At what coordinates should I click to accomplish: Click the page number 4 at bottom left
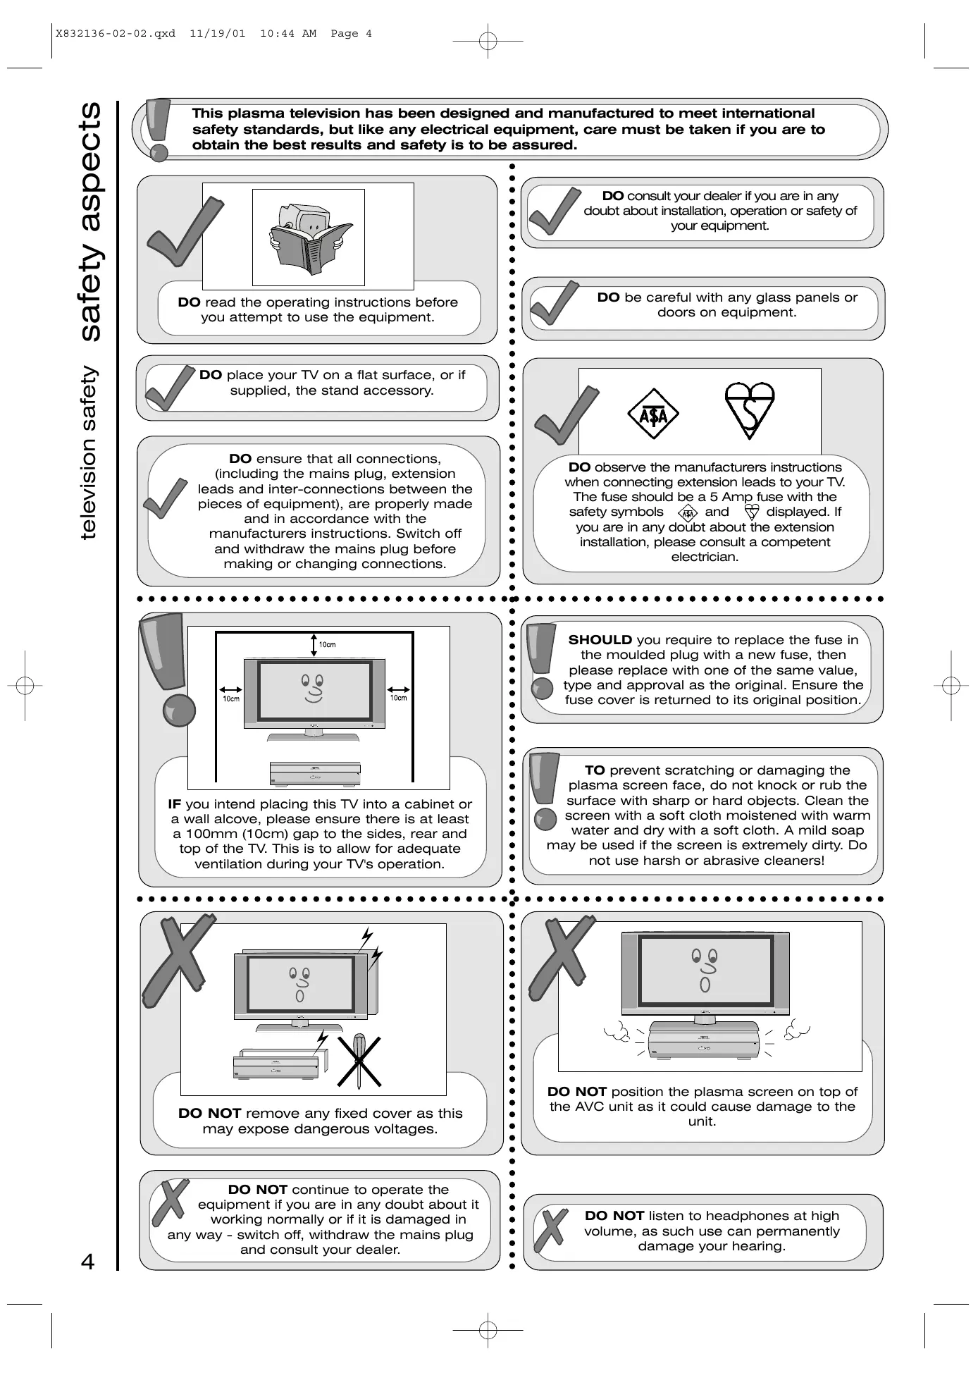pyautogui.click(x=87, y=1261)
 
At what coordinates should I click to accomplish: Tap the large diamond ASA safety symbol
pyautogui.click(x=652, y=414)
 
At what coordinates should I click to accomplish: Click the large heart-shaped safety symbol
pyautogui.click(x=750, y=410)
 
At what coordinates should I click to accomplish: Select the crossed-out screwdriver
pyautogui.click(x=359, y=1061)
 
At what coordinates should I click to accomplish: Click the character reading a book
pyautogui.click(x=309, y=237)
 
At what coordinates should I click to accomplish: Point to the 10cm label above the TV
pyautogui.click(x=328, y=644)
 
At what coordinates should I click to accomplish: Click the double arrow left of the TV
pyautogui.click(x=231, y=690)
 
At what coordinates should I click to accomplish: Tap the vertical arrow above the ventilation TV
pyautogui.click(x=314, y=644)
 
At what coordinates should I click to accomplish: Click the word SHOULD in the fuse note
pyautogui.click(x=600, y=640)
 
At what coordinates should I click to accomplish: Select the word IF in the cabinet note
pyautogui.click(x=175, y=804)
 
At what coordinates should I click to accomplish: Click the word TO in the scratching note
pyautogui.click(x=595, y=770)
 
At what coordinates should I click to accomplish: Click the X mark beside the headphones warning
pyautogui.click(x=552, y=1227)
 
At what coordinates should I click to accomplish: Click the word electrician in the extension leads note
pyautogui.click(x=705, y=557)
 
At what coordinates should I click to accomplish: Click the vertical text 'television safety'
pyautogui.click(x=89, y=452)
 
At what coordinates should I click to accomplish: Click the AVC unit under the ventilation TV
pyautogui.click(x=315, y=773)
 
